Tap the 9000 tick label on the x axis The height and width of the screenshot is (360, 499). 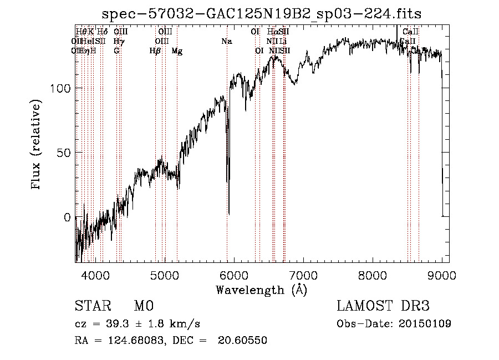point(442,274)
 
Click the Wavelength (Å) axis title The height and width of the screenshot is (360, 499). point(261,290)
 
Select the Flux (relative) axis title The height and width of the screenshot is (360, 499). point(37,145)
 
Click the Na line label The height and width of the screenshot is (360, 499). point(226,42)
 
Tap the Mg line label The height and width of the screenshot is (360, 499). point(177,51)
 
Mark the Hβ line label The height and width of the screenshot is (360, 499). point(155,51)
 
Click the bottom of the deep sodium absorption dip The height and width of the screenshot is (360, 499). point(229,213)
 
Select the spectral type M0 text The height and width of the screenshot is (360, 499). point(143,306)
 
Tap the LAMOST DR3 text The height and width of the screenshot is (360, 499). point(383,306)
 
